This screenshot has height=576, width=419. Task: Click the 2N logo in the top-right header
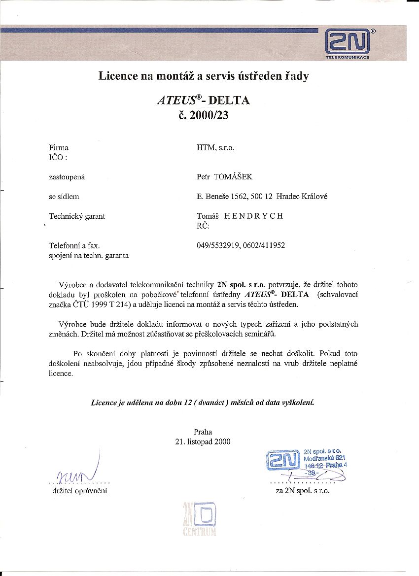348,43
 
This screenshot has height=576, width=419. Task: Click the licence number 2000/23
211,116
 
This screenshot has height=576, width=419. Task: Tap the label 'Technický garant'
77,216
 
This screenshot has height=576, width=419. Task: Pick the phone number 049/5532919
218,245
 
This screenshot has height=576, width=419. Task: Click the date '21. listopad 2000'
203,441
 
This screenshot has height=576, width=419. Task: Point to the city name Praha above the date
203,432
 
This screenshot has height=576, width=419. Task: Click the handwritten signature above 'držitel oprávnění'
79,472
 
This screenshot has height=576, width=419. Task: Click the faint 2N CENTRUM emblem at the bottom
200,519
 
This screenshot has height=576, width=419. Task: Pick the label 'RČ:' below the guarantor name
203,226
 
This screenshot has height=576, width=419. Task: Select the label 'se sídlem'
64,196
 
